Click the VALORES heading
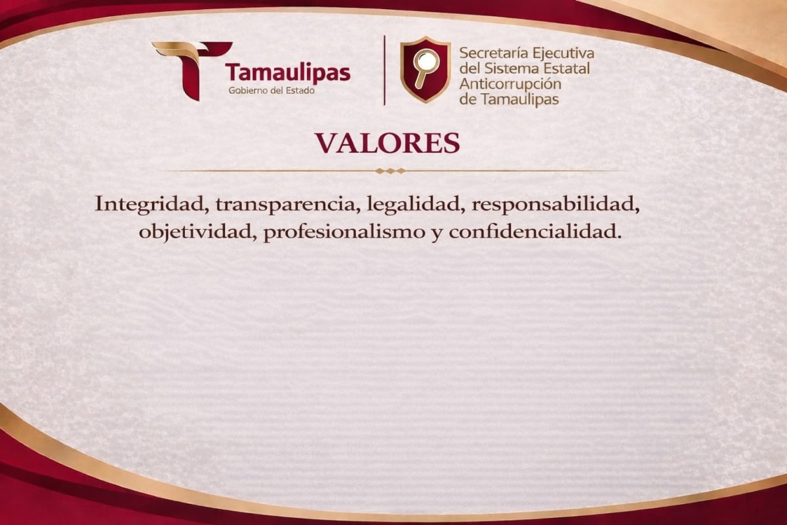387,144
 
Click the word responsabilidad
555,205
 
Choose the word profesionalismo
344,233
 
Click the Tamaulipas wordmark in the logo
288,73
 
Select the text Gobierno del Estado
272,91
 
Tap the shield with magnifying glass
426,70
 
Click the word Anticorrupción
510,85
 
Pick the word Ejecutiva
563,54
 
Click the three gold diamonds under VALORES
390,171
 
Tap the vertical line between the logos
384,70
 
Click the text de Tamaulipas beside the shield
509,100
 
